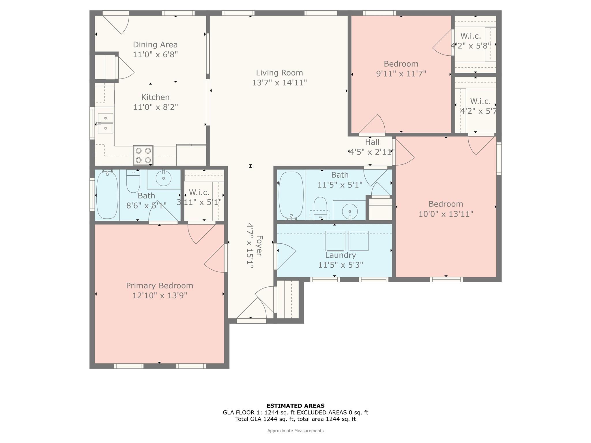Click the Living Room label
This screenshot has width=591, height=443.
[279, 73]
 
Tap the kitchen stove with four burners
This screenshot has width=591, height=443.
[143, 155]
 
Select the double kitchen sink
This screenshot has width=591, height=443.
[105, 123]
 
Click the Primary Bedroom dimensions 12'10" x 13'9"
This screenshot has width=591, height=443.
[160, 296]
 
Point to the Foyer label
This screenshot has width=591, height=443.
[259, 246]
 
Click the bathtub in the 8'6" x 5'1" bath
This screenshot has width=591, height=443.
[107, 195]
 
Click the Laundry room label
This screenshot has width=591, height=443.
[341, 255]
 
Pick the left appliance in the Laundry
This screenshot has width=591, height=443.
[335, 241]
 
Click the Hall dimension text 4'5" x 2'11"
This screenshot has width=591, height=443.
[372, 152]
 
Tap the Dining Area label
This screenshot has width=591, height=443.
[155, 45]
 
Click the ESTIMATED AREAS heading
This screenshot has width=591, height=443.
[295, 406]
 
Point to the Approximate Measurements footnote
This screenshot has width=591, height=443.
[295, 431]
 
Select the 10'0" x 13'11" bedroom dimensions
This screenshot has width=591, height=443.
[446, 214]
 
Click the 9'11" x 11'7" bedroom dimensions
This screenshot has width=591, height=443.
[401, 74]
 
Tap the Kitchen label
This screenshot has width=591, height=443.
[155, 97]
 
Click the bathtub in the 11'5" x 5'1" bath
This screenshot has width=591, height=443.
[291, 196]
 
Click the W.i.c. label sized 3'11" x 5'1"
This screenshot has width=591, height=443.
[199, 192]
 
